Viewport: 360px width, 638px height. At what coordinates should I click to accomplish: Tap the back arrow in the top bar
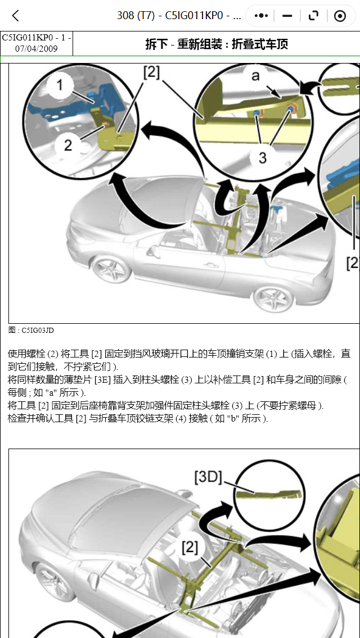coord(16,16)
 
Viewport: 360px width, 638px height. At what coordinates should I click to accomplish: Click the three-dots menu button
coord(261,16)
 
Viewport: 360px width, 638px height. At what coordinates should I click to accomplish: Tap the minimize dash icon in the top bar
coord(288,16)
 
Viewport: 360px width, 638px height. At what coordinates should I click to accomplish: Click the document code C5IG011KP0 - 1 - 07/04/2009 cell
coord(37,43)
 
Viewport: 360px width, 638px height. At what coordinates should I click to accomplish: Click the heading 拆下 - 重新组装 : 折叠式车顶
coord(217,44)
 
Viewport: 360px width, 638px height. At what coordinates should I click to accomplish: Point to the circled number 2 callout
coord(68,144)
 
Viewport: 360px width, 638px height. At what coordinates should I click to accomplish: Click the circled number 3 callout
coord(262,157)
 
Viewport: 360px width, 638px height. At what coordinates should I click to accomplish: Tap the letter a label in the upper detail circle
coord(256,75)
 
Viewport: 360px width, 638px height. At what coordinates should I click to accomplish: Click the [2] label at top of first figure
coord(151,72)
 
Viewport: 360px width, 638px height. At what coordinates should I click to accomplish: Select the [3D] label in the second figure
coord(208,477)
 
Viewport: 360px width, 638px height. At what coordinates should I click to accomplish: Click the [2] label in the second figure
coord(190,546)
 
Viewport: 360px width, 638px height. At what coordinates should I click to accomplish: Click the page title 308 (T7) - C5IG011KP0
coord(179,16)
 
